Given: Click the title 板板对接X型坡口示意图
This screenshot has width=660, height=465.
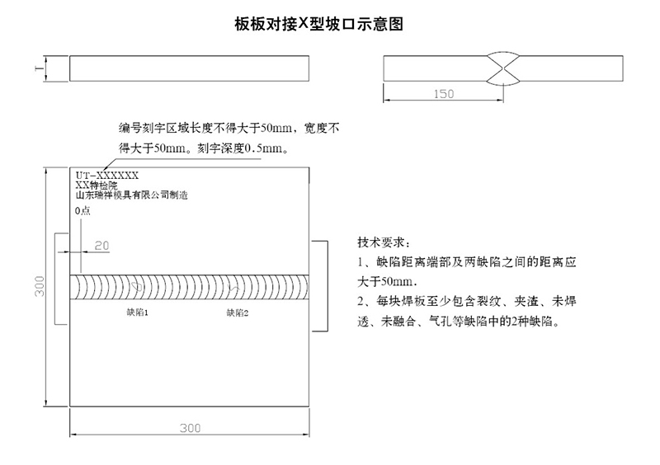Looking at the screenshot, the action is (318, 24).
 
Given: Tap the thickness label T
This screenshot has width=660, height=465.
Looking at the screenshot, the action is (39, 68).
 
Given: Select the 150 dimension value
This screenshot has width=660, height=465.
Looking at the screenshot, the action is (444, 94).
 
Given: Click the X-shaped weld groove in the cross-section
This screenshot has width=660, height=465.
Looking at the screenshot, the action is (503, 68).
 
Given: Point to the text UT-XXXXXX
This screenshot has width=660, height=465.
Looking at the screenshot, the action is (107, 176).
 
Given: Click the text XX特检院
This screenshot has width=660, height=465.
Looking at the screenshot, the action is (97, 186).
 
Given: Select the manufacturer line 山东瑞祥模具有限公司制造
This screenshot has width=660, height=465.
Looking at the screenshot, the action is (131, 195).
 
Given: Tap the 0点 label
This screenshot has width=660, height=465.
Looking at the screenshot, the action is (82, 210).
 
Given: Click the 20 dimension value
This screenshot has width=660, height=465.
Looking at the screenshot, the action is (101, 246).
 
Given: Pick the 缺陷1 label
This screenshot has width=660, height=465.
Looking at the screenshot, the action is (137, 312).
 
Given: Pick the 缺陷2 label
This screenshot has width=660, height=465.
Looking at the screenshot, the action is (238, 312).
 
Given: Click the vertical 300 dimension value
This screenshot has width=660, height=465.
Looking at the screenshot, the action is (40, 286).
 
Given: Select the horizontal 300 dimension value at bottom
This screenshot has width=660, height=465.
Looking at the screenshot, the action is (191, 428).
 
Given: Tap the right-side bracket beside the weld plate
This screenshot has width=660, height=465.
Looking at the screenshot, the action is (328, 286).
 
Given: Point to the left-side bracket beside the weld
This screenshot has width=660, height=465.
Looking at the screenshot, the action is (55, 279).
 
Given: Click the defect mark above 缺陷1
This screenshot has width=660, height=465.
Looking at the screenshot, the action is (135, 287).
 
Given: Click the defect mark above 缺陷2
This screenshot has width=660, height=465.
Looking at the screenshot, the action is (233, 288).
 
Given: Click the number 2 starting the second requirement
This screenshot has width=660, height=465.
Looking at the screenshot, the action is (361, 301).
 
